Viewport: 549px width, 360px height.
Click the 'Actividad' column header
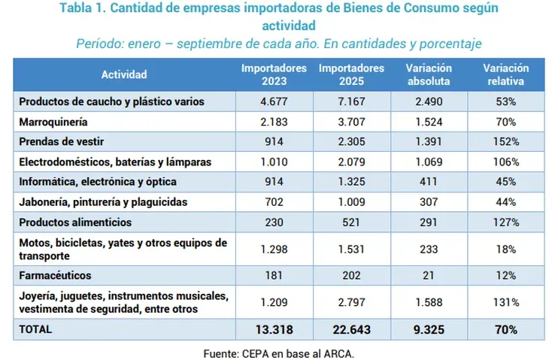click(x=125, y=74)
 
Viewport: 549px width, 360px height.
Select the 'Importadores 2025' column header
click(x=351, y=74)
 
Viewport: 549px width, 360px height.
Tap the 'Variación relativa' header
click(x=505, y=74)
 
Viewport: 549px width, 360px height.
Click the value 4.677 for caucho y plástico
click(x=274, y=101)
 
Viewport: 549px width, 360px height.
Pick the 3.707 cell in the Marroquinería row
click(x=351, y=121)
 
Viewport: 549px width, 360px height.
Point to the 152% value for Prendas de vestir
click(x=505, y=141)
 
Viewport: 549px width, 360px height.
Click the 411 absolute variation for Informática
click(x=429, y=182)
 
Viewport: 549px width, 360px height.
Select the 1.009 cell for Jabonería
click(x=351, y=202)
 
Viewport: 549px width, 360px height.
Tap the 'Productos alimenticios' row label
click(x=75, y=222)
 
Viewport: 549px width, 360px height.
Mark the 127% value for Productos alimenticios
click(x=505, y=222)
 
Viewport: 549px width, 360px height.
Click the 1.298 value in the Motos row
click(x=274, y=249)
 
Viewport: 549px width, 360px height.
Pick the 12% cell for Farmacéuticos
click(x=505, y=275)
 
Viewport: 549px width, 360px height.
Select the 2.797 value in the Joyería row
click(x=351, y=302)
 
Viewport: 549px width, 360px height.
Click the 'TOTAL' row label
click(x=37, y=329)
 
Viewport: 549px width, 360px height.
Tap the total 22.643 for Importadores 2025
click(x=351, y=329)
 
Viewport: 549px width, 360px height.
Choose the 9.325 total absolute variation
click(x=429, y=329)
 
